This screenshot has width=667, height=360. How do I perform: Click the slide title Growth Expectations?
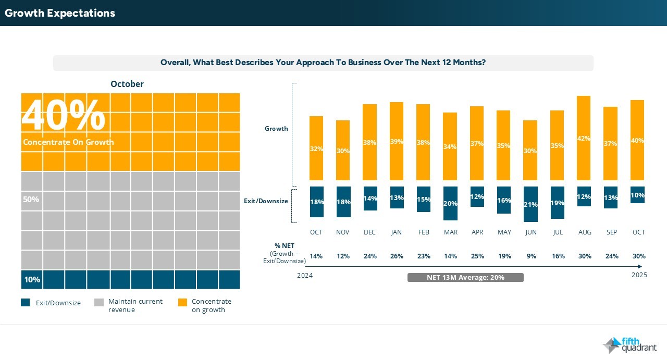[x=60, y=13]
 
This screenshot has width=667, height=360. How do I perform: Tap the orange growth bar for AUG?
[x=584, y=138]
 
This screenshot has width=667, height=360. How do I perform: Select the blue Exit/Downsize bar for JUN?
[x=530, y=204]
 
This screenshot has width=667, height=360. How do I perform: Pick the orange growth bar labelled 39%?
[x=397, y=141]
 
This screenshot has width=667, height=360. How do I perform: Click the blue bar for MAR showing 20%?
[x=450, y=203]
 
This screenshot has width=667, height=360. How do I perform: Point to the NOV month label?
[x=343, y=232]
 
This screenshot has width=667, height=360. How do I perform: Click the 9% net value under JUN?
[x=531, y=256]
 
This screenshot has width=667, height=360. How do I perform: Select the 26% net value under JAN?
[x=397, y=256]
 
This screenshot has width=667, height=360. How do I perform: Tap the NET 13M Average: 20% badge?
[x=465, y=277]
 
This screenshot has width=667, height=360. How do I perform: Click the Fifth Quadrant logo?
[x=629, y=345]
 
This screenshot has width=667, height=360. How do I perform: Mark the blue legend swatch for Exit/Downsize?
[x=26, y=302]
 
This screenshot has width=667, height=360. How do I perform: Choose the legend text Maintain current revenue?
[x=135, y=305]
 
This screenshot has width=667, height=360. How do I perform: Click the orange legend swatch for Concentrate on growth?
[x=182, y=302]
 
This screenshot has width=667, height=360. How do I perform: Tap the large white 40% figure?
[x=64, y=115]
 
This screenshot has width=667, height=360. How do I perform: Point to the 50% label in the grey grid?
[x=31, y=200]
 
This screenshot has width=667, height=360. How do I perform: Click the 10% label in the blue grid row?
[x=32, y=280]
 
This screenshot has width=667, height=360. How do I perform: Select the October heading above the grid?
[x=127, y=84]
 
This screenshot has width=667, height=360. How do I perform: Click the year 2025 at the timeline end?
[x=638, y=275]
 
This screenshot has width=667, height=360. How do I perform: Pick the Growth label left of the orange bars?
[x=276, y=129]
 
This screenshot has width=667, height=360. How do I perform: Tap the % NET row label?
[x=285, y=246]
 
